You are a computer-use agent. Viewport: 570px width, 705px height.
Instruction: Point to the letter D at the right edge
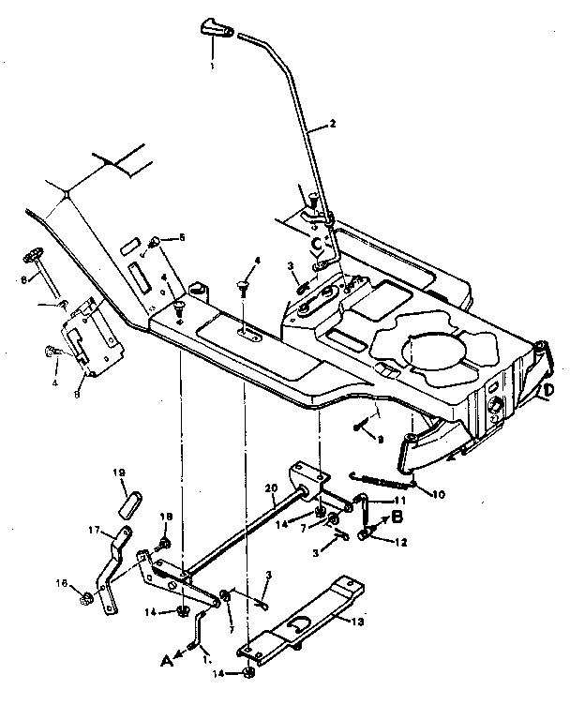click(549, 389)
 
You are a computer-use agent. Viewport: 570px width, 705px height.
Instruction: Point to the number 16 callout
click(62, 583)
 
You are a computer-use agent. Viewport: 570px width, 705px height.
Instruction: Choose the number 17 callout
click(94, 530)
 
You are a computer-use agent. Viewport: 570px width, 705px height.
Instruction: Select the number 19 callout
click(120, 473)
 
